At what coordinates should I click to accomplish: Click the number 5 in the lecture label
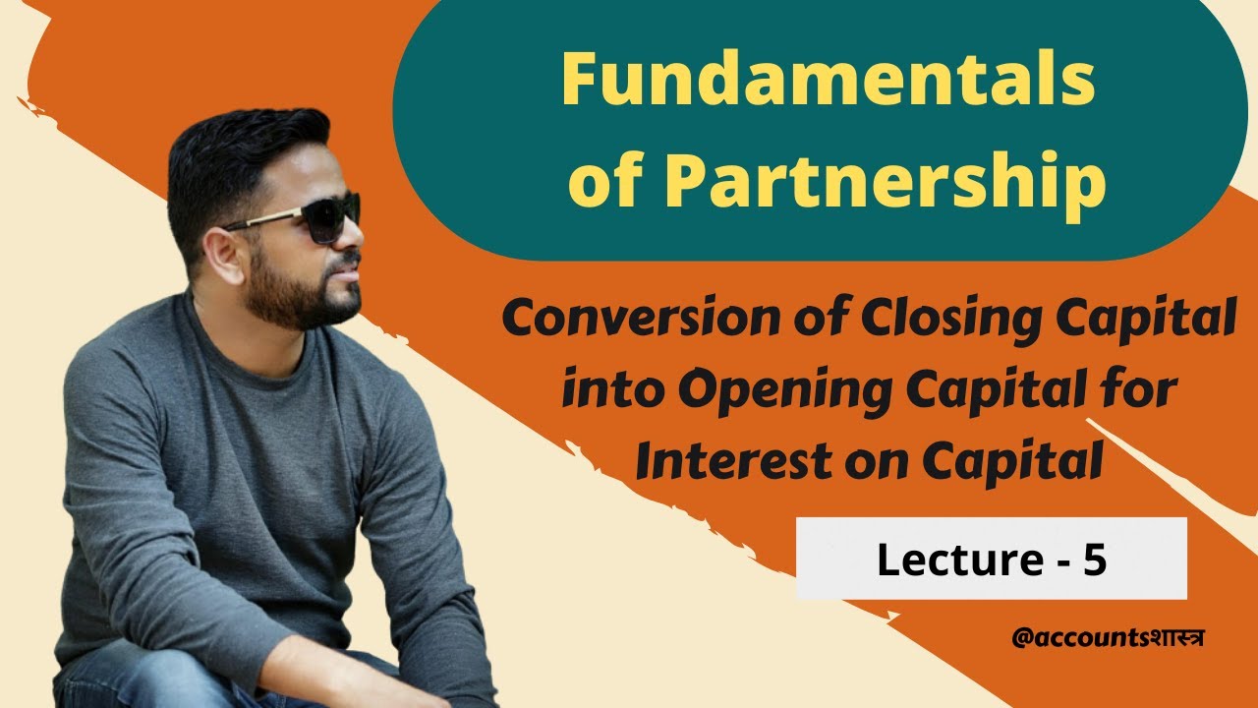[1095, 559]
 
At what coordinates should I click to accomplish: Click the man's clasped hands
[324, 678]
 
